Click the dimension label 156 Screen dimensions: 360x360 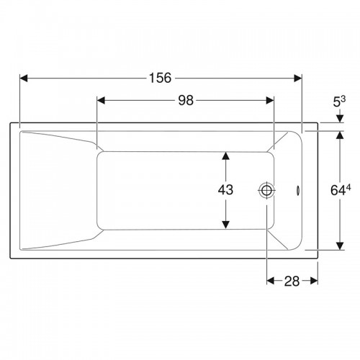pyautogui.click(x=161, y=78)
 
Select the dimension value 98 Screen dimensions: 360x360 pyautogui.click(x=186, y=100)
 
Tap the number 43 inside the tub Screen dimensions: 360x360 pyautogui.click(x=225, y=190)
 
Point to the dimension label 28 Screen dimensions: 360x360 pyautogui.click(x=292, y=281)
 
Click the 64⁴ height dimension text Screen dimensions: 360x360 pyautogui.click(x=341, y=190)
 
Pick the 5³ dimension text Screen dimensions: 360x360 pyautogui.click(x=339, y=102)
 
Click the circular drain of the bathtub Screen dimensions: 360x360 pyautogui.click(x=266, y=190)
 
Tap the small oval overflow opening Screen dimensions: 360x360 pyautogui.click(x=298, y=190)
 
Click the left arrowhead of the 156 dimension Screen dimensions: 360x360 pyautogui.click(x=24, y=78)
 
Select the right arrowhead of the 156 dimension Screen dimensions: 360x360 pyautogui.click(x=298, y=78)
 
